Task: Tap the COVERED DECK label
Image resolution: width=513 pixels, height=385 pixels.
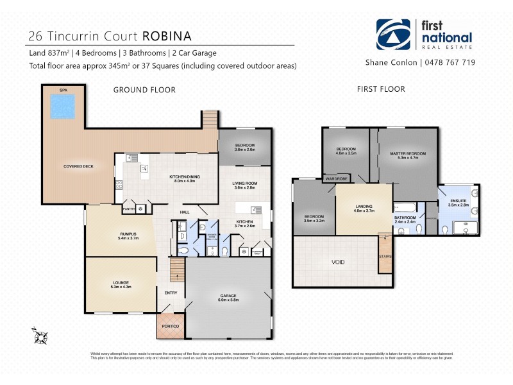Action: (78, 166)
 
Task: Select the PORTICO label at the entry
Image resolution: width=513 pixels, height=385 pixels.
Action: (170, 327)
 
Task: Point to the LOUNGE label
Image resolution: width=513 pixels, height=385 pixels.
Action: (120, 282)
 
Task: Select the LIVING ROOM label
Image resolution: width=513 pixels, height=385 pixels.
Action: (244, 184)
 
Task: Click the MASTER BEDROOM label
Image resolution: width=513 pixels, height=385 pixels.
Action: (408, 154)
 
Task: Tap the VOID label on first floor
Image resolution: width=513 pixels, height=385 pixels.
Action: (339, 262)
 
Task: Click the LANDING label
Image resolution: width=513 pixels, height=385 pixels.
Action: (363, 207)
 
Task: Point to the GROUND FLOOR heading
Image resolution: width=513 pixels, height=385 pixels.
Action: (144, 90)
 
